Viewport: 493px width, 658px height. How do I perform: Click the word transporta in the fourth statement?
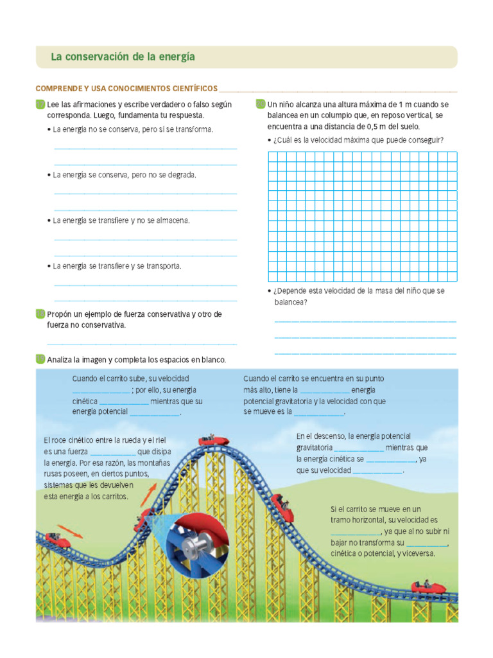(x=163, y=266)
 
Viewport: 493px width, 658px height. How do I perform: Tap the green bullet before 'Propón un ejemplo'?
(x=40, y=314)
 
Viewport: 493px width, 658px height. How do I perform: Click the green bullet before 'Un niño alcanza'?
(x=261, y=104)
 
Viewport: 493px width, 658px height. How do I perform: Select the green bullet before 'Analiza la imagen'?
(x=40, y=359)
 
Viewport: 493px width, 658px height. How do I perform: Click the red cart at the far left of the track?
(x=58, y=538)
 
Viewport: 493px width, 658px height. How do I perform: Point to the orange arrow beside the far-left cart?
(x=70, y=531)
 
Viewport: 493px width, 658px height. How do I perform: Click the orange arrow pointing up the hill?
(x=148, y=495)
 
